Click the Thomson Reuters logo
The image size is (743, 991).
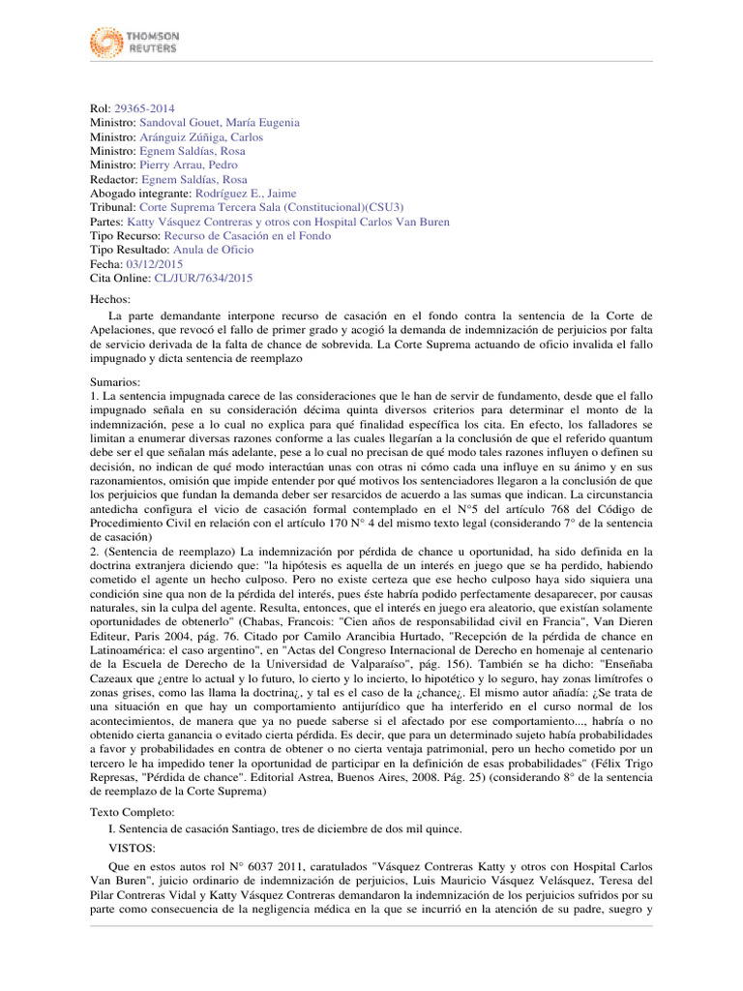134,41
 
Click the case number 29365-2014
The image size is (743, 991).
144,109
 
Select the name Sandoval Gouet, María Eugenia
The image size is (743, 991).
220,123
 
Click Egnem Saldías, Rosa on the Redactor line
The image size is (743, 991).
193,180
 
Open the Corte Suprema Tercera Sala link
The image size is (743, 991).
272,208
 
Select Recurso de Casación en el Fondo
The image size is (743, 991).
247,236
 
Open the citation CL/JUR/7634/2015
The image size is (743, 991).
203,278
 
